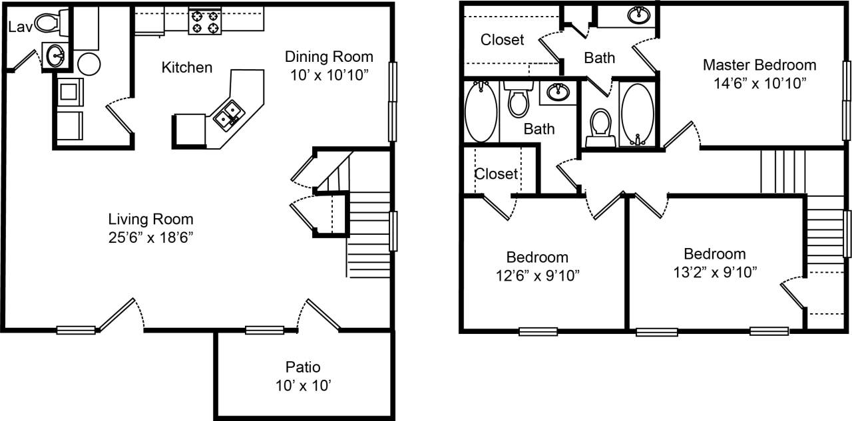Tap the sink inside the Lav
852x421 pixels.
(55, 55)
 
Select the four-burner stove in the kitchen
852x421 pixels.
(205, 21)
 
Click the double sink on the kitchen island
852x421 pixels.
(228, 113)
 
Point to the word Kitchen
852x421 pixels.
(187, 67)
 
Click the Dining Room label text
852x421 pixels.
(329, 57)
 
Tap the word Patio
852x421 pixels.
(303, 366)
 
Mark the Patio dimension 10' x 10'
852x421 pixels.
(303, 384)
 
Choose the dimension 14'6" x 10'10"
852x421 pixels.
(759, 82)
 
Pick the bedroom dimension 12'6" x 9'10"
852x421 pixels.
(537, 275)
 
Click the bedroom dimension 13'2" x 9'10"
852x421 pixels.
(715, 271)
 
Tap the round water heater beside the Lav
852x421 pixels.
(89, 65)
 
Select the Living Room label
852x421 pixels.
(151, 219)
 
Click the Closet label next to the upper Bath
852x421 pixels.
(503, 40)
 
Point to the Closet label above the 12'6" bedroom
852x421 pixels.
(496, 174)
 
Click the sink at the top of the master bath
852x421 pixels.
(639, 15)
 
